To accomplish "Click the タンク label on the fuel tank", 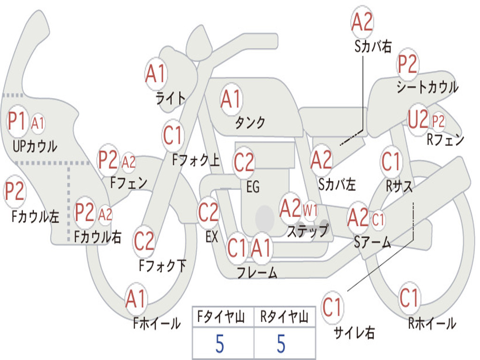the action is point(250,123).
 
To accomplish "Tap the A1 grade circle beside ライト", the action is point(156,74).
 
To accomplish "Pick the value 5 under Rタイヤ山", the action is point(281,344).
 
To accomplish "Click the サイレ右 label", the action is point(354,333).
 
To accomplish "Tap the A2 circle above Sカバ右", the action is point(362,22).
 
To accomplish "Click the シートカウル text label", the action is point(427,87).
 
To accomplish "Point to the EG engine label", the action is point(253,187).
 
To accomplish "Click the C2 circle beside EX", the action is point(208,213).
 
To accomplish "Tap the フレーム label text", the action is point(257,272).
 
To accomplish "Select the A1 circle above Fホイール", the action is point(136,299).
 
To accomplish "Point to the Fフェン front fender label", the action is point(129,182).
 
